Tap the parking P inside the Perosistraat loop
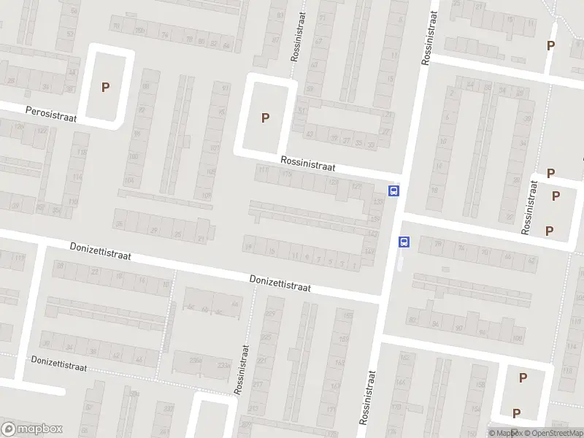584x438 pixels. [x=106, y=87]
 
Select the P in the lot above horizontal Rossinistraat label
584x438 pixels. [x=265, y=118]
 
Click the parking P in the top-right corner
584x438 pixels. [x=550, y=45]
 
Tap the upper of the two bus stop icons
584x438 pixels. [x=394, y=191]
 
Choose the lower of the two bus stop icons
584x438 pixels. [x=404, y=242]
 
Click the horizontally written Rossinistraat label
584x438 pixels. [x=307, y=165]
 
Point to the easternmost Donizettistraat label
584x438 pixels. [x=280, y=283]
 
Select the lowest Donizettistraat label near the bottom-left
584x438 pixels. [x=58, y=364]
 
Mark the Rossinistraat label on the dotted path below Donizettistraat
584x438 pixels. [x=242, y=369]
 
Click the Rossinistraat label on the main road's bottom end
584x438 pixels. [x=368, y=396]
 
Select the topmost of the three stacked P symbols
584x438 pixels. [x=551, y=174]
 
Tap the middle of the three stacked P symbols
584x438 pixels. [x=556, y=196]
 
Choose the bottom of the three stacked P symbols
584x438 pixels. [x=549, y=231]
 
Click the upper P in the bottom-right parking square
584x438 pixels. [x=523, y=377]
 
